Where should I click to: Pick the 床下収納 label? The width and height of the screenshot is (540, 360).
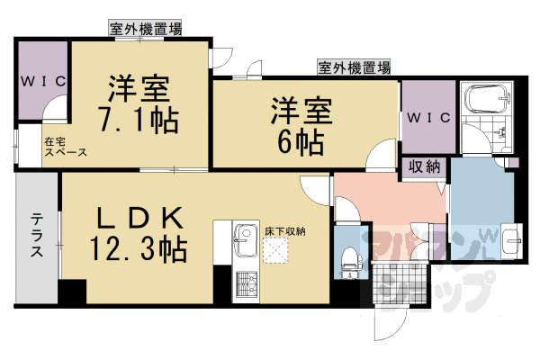click(x=285, y=231)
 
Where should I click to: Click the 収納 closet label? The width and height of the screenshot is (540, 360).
click(x=426, y=166)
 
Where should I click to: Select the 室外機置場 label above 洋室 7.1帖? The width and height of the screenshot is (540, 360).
click(x=146, y=30)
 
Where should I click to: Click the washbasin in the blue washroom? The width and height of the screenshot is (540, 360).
click(x=511, y=239)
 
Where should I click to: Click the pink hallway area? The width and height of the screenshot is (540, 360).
click(x=387, y=202)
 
